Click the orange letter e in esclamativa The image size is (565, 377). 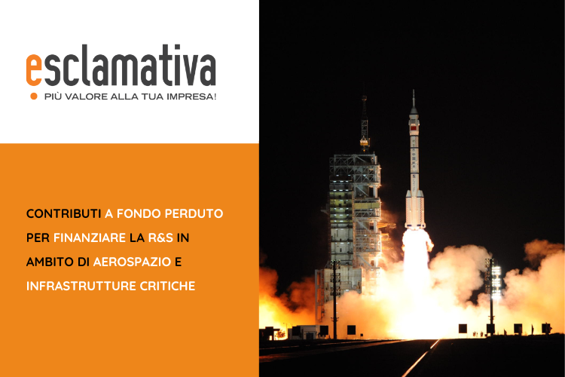point(34,70)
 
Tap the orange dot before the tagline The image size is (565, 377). point(34,96)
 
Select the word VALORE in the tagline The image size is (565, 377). point(85,97)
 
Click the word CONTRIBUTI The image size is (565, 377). point(63,213)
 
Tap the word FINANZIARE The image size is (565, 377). point(90,238)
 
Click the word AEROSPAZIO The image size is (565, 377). point(132,262)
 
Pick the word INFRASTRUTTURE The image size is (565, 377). point(81,286)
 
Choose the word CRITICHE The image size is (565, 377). point(167,286)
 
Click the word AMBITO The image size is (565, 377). point(50,262)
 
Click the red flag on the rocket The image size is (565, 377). point(414,127)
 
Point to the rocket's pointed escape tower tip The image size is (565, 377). point(414,91)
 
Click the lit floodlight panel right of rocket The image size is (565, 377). point(496,278)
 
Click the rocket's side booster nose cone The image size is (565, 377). point(408,194)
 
